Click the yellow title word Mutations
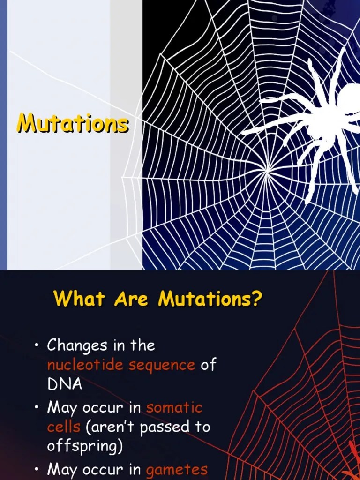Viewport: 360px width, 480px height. [x=72, y=124]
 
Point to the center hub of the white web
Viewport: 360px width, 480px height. [x=267, y=172]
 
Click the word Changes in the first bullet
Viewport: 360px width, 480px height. [x=77, y=346]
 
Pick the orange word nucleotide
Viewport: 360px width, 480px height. [x=85, y=365]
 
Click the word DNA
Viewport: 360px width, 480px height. [x=64, y=384]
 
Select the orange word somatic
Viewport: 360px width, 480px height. [x=174, y=407]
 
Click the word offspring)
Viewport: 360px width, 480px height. [x=85, y=447]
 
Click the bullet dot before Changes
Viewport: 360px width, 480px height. [x=37, y=346]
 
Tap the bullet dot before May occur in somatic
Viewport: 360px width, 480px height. [x=37, y=408]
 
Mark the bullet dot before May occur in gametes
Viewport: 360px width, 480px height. [x=37, y=469]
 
